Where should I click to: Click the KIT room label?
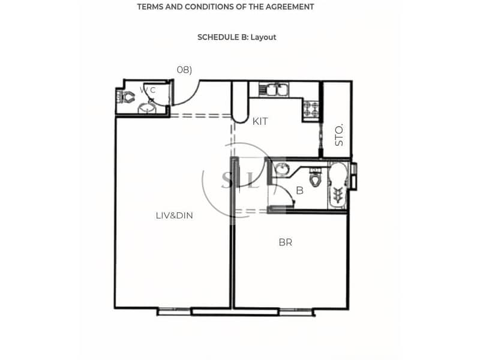click(x=260, y=122)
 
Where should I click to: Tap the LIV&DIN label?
click(x=174, y=215)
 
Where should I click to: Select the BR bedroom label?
click(x=286, y=242)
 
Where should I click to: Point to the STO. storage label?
click(x=339, y=134)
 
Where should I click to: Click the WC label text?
click(x=148, y=90)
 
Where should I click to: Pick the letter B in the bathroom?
click(x=299, y=190)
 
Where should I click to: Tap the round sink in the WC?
click(x=146, y=108)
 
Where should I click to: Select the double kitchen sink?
click(x=274, y=89)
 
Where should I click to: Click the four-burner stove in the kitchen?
click(x=311, y=109)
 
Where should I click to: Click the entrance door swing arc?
click(x=192, y=98)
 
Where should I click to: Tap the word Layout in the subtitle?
click(x=263, y=37)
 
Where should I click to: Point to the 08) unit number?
click(x=184, y=70)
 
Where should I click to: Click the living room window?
click(x=174, y=311)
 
